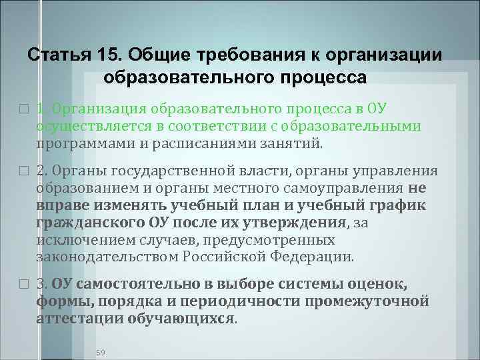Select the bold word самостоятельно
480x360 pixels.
pyautogui.click(x=131, y=285)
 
